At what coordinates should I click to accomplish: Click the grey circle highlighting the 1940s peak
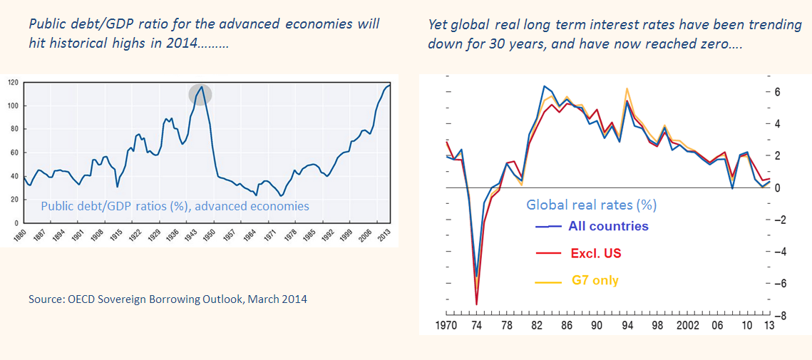(200, 94)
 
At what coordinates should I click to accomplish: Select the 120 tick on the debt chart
(12, 83)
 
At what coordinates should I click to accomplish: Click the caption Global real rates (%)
(591, 205)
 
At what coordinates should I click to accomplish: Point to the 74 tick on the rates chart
(476, 326)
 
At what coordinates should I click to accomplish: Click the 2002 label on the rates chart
(688, 326)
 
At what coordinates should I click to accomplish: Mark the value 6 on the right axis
(779, 92)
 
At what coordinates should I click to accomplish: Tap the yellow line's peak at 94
(626, 88)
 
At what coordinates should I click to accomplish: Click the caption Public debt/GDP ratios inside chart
(175, 206)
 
